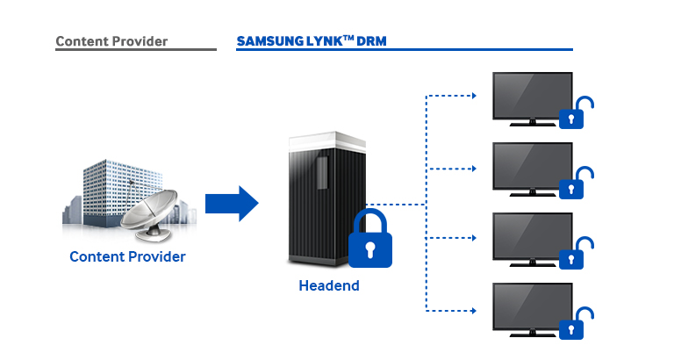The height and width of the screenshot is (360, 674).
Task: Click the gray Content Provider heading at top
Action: pos(111,41)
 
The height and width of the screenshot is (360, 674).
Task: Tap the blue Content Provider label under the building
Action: pos(128,256)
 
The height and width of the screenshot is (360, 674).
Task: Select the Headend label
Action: pos(329,285)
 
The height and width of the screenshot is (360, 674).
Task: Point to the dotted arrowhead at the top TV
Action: pos(475,95)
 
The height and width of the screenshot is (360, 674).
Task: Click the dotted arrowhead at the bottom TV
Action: pos(475,309)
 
